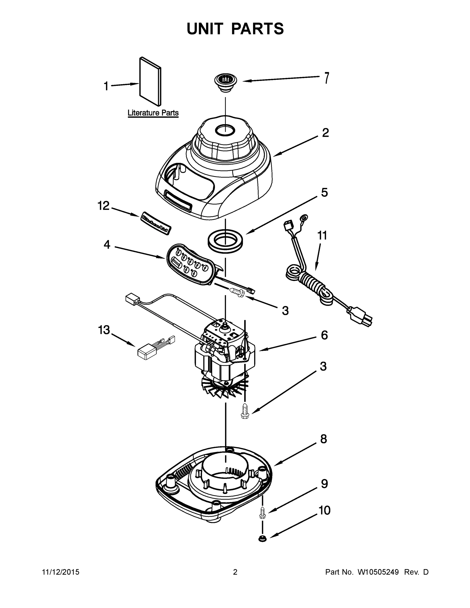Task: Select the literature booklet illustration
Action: pos(150,82)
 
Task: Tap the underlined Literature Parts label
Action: pos(153,113)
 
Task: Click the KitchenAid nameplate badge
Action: pos(156,223)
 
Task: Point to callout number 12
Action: pos(103,206)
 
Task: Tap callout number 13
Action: pos(104,330)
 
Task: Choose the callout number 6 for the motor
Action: pos(324,335)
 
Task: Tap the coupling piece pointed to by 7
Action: pos(225,83)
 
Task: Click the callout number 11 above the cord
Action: pos(322,236)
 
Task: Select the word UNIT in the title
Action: pos(205,29)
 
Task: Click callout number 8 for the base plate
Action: pos(323,439)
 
